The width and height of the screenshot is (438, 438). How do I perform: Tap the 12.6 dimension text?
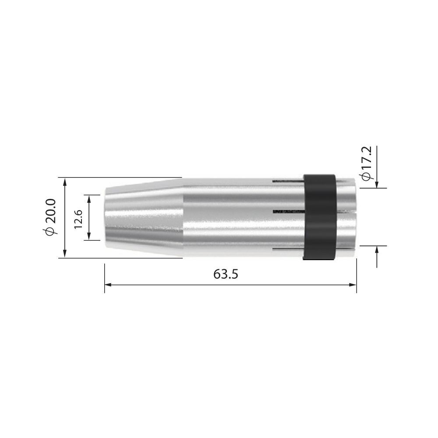[78, 218]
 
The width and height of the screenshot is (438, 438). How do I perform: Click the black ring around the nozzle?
[319, 218]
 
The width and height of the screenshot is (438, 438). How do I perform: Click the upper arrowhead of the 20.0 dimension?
[65, 182]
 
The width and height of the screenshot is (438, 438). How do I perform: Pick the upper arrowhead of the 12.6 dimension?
[89, 198]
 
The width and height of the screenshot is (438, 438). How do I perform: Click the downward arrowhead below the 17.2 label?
[376, 184]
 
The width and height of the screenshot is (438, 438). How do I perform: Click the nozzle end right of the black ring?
[346, 218]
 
